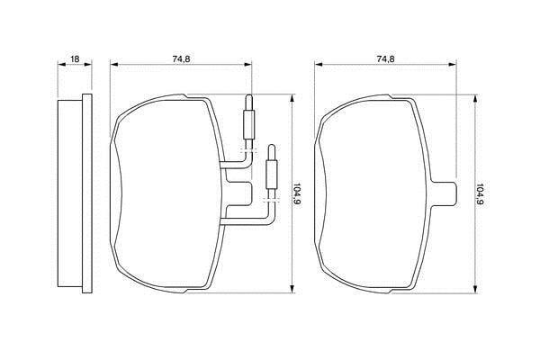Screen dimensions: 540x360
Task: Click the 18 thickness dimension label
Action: (75, 58)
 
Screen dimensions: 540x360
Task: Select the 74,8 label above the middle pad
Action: (181, 58)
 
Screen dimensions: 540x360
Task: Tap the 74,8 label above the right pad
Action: (386, 58)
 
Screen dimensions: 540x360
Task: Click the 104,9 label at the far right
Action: (480, 194)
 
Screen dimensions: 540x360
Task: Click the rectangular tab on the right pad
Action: (445, 193)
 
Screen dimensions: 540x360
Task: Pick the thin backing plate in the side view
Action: (87, 193)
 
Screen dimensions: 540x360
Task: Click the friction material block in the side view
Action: (70, 193)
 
